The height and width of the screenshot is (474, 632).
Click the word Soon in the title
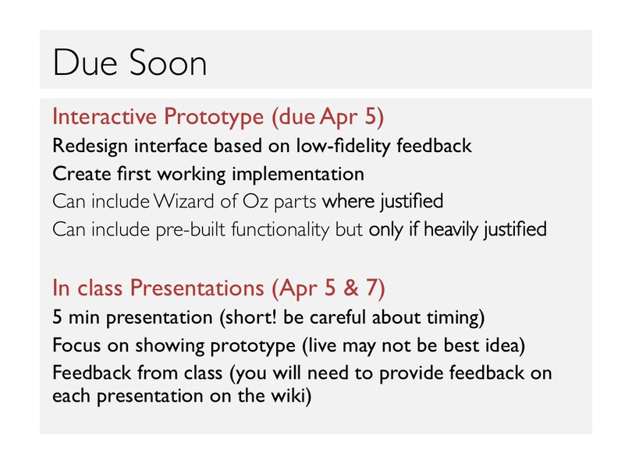(x=169, y=63)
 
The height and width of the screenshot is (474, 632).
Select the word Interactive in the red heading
(x=105, y=117)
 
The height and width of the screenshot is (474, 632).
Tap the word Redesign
(x=90, y=147)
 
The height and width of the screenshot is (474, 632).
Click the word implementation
(x=298, y=175)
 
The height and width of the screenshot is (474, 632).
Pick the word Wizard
(x=184, y=201)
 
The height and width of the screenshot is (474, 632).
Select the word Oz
(x=255, y=201)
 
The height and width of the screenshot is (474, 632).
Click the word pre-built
(x=190, y=229)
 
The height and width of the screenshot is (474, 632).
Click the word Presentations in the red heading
(x=197, y=288)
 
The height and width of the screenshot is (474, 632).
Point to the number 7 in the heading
(x=371, y=288)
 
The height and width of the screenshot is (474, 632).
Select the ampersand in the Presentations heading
(x=350, y=288)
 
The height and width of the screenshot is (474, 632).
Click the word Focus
(x=76, y=345)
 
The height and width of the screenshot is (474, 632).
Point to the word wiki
(x=288, y=395)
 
